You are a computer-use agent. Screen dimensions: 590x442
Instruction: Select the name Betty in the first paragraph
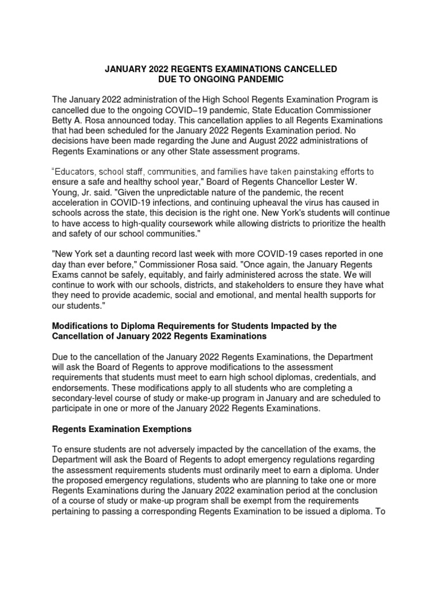pyautogui.click(x=64, y=120)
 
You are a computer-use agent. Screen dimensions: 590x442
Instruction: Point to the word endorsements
pyautogui.click(x=79, y=388)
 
